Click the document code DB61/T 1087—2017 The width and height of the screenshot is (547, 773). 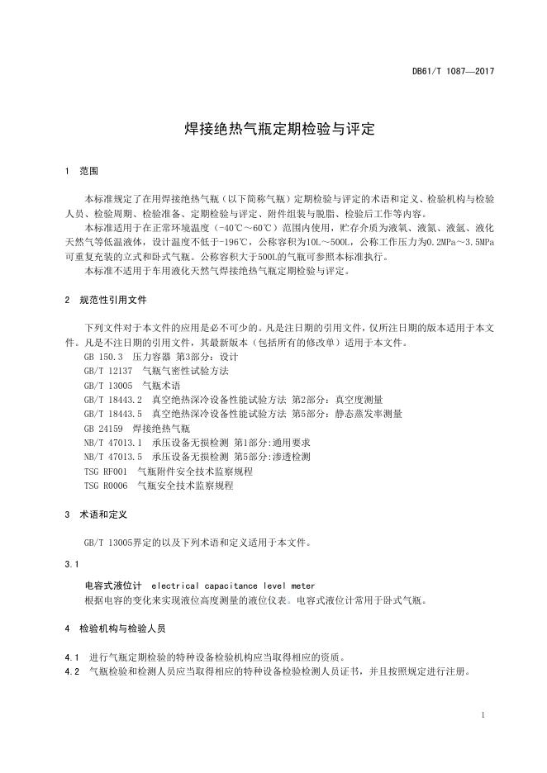(x=452, y=72)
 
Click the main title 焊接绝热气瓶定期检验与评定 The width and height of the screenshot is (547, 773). (x=273, y=130)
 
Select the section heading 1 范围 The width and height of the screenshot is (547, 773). (x=81, y=172)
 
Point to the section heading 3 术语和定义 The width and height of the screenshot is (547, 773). (x=96, y=514)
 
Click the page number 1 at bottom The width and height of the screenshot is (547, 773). (x=482, y=714)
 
